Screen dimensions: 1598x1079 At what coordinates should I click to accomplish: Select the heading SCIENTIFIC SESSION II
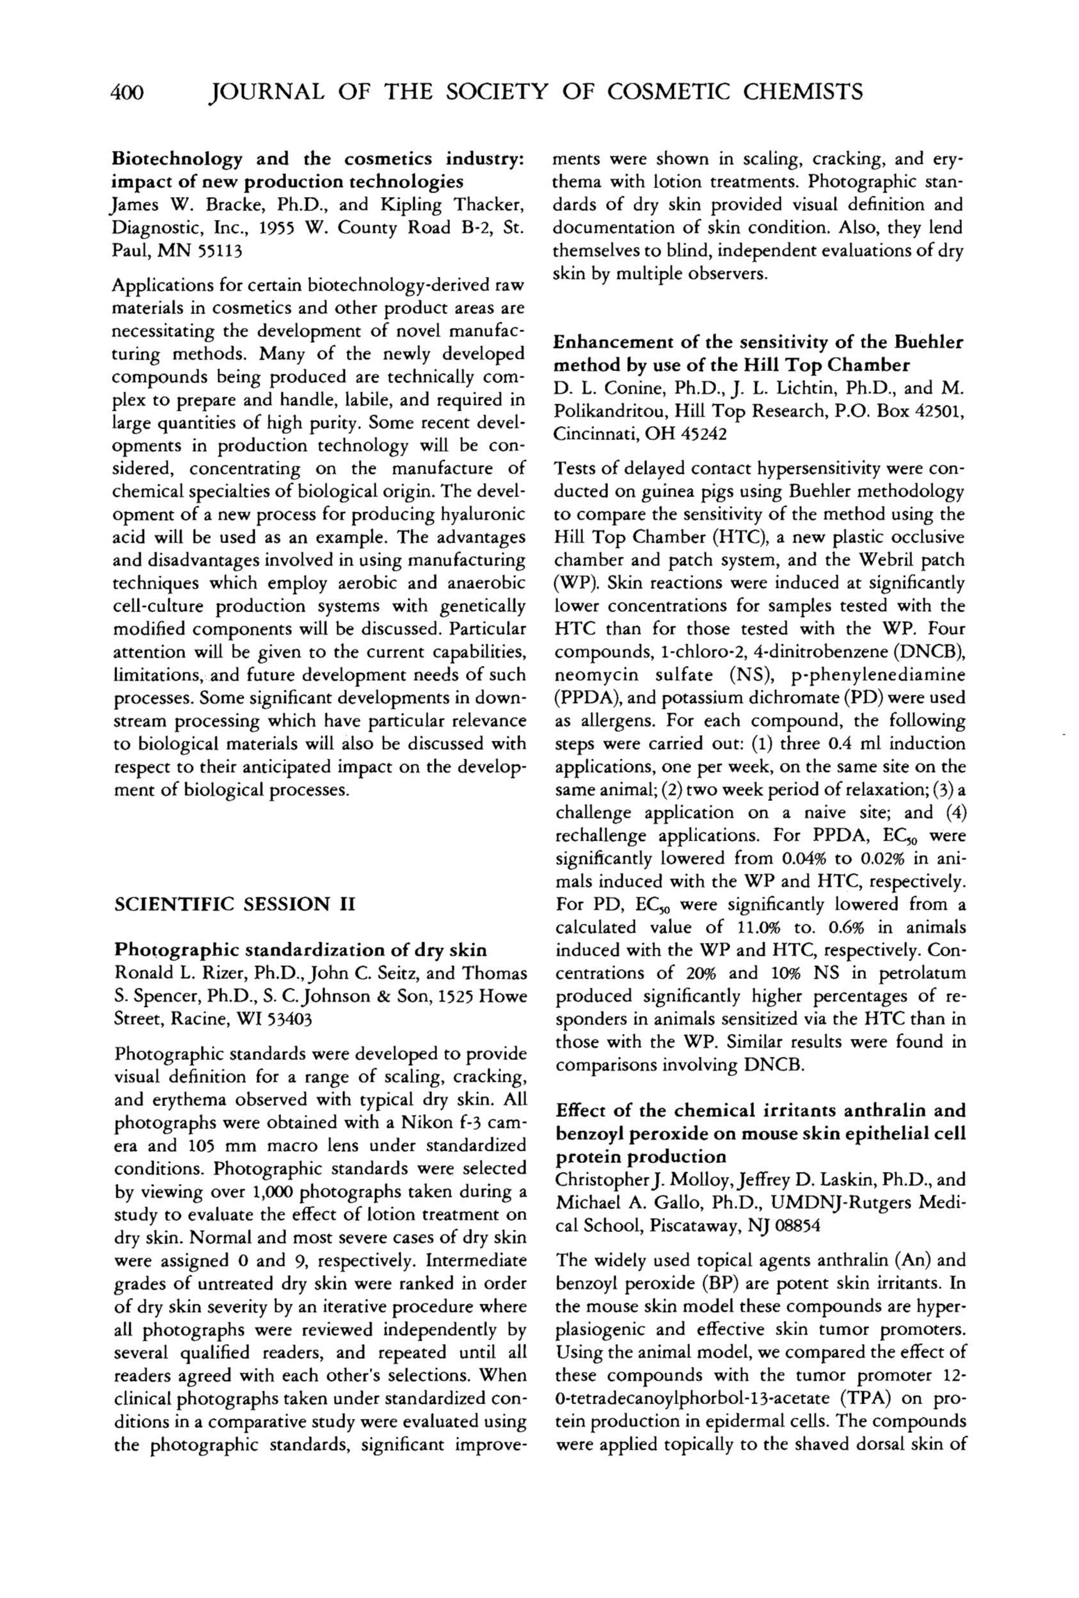(233, 903)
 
